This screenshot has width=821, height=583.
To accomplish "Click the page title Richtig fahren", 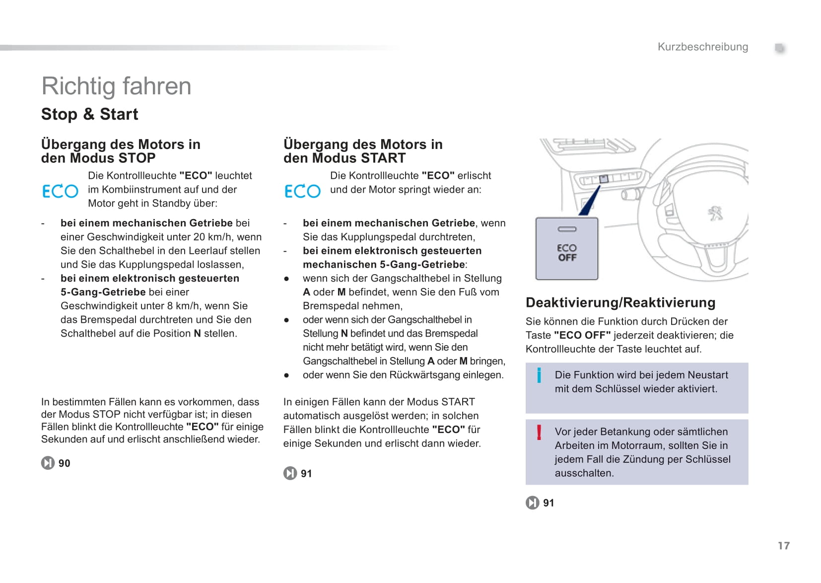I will (x=116, y=86).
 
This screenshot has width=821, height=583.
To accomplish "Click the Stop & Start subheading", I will (x=89, y=114).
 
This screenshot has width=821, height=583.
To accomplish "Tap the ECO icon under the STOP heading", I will (x=60, y=191).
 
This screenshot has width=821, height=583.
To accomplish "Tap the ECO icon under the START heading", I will (x=302, y=191).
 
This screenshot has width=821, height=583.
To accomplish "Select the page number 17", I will (x=783, y=546).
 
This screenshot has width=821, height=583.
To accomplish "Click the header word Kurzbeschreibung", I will (x=702, y=47).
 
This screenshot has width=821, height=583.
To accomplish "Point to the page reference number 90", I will (x=65, y=463).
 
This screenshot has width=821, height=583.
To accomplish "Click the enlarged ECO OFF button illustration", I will (x=566, y=249).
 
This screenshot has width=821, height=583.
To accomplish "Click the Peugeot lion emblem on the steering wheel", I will (x=715, y=214).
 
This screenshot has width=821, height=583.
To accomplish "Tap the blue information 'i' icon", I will (x=539, y=375).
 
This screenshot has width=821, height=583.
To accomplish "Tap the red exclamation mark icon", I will (x=539, y=432).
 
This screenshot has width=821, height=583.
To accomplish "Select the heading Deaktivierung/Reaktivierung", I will (x=620, y=302).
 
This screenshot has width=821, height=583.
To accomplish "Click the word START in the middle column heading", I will (x=383, y=158).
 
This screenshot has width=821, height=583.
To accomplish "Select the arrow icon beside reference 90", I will (x=48, y=463).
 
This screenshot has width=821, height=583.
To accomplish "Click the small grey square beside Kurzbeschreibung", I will (x=780, y=48).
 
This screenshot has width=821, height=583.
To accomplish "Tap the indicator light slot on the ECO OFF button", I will (x=567, y=229).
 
